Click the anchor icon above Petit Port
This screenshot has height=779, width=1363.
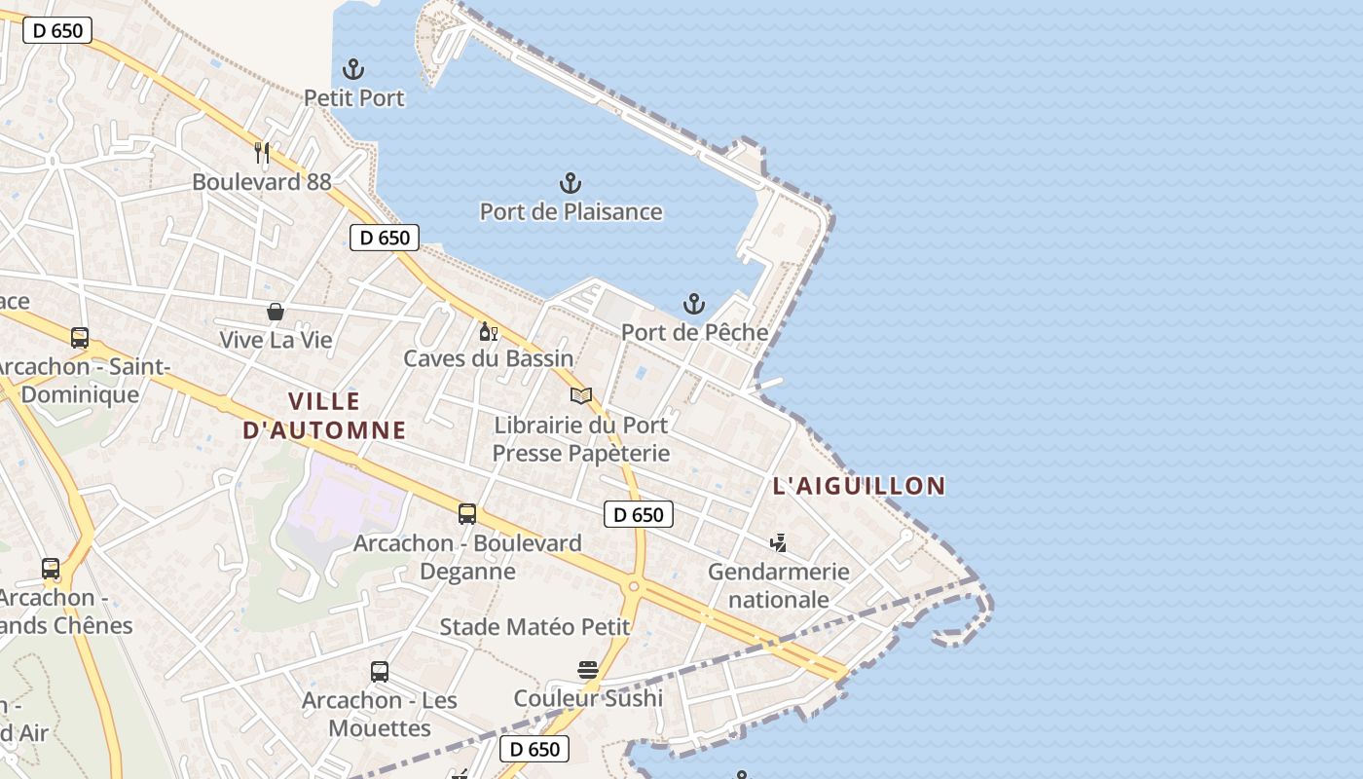tap(353, 69)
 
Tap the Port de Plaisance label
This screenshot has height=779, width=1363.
tap(571, 211)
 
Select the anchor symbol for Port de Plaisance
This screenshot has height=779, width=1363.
tap(571, 183)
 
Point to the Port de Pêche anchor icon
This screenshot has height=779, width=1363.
tap(694, 304)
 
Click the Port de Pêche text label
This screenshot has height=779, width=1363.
tap(694, 332)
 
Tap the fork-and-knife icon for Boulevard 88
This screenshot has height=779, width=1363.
tap(262, 153)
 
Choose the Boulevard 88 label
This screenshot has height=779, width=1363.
tap(262, 181)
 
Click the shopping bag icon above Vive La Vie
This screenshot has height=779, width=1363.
tap(276, 312)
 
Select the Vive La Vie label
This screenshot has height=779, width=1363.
tap(276, 340)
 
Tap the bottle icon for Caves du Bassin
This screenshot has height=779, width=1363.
tap(488, 332)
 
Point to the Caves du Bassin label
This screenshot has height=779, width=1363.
tap(489, 358)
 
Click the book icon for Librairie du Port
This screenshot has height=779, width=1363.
tap(581, 395)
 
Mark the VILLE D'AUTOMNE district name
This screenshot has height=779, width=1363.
tap(323, 416)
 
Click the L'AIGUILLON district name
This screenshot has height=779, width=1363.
tap(859, 485)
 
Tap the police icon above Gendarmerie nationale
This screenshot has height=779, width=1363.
tap(778, 542)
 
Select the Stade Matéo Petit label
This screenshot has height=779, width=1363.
tap(534, 627)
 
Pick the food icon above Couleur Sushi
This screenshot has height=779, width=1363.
tap(587, 669)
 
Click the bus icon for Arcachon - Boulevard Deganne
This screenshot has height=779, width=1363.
tap(467, 513)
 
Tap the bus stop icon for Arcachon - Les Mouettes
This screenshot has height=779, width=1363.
tap(380, 671)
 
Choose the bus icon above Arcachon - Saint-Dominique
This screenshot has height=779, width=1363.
tap(80, 338)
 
